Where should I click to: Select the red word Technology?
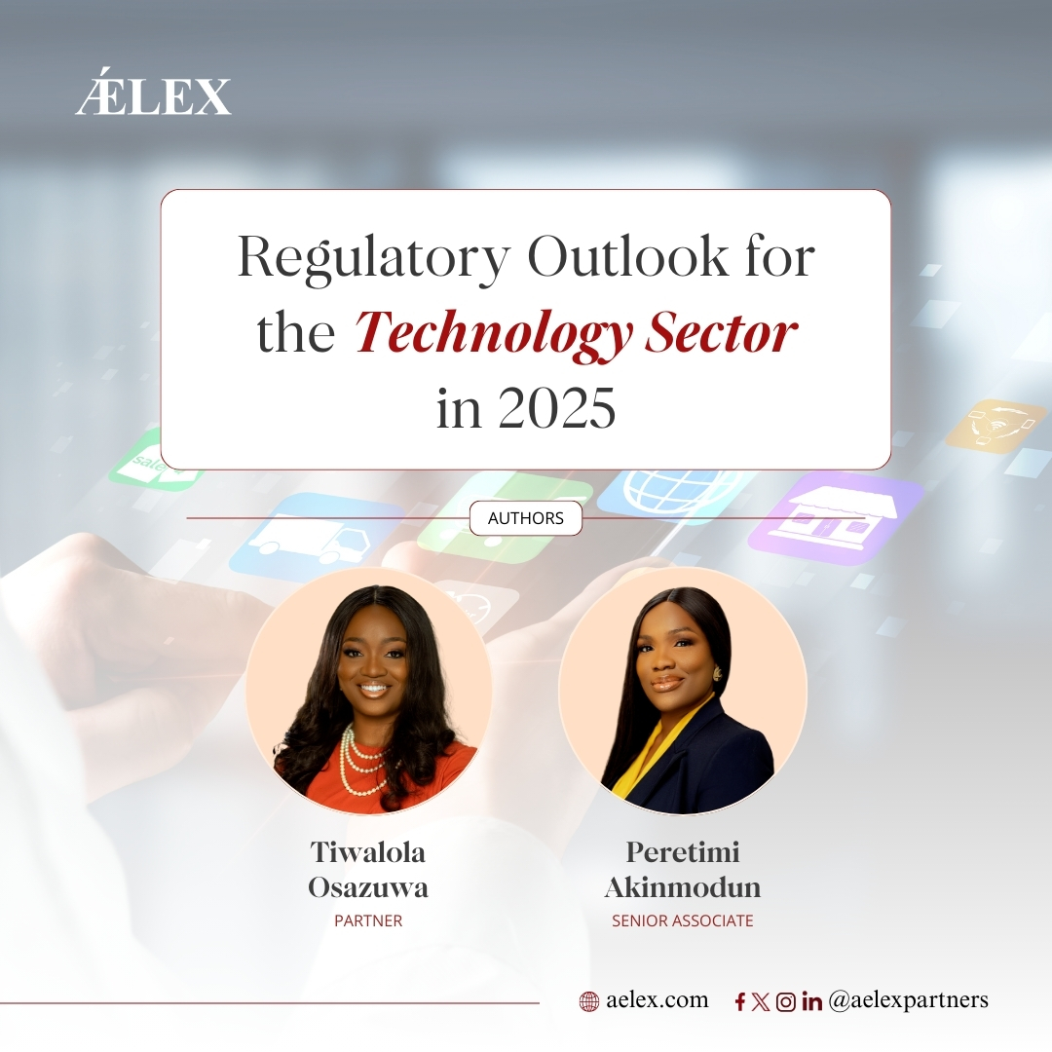pos(493,334)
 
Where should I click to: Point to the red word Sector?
pos(721,333)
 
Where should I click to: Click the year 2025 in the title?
pos(556,408)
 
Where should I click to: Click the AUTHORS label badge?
pos(525,518)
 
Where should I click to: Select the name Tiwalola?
pos(367,852)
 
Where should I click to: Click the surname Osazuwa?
pos(367,887)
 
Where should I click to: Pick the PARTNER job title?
pos(368,920)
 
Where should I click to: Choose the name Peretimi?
pos(683,852)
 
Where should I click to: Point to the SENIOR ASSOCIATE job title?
pos(682,920)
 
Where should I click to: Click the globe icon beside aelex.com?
pos(588,1001)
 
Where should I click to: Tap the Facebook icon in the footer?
pos(740,1001)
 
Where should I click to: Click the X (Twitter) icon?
pos(760,1001)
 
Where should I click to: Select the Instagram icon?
pos(786,1001)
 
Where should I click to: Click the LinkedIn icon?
pos(811,1001)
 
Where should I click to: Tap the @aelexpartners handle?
pos(909,1000)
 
